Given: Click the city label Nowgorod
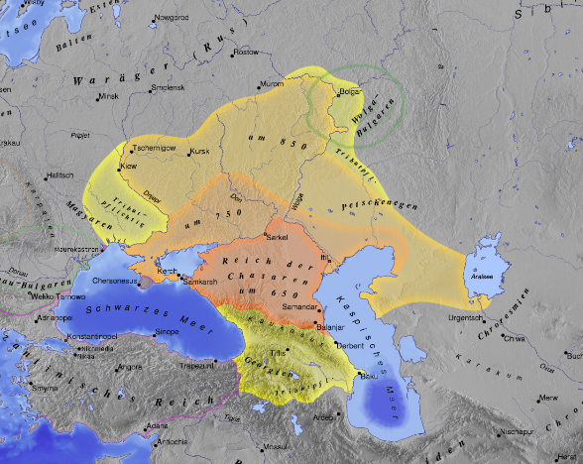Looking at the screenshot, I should [171, 18].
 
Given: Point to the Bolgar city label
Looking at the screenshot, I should [350, 92].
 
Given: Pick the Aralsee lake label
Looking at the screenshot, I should [483, 276].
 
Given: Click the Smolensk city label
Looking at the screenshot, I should [170, 88].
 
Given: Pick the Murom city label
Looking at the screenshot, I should [271, 83].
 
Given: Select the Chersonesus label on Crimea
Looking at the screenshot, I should [118, 280].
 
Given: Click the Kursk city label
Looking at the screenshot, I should [200, 152].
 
